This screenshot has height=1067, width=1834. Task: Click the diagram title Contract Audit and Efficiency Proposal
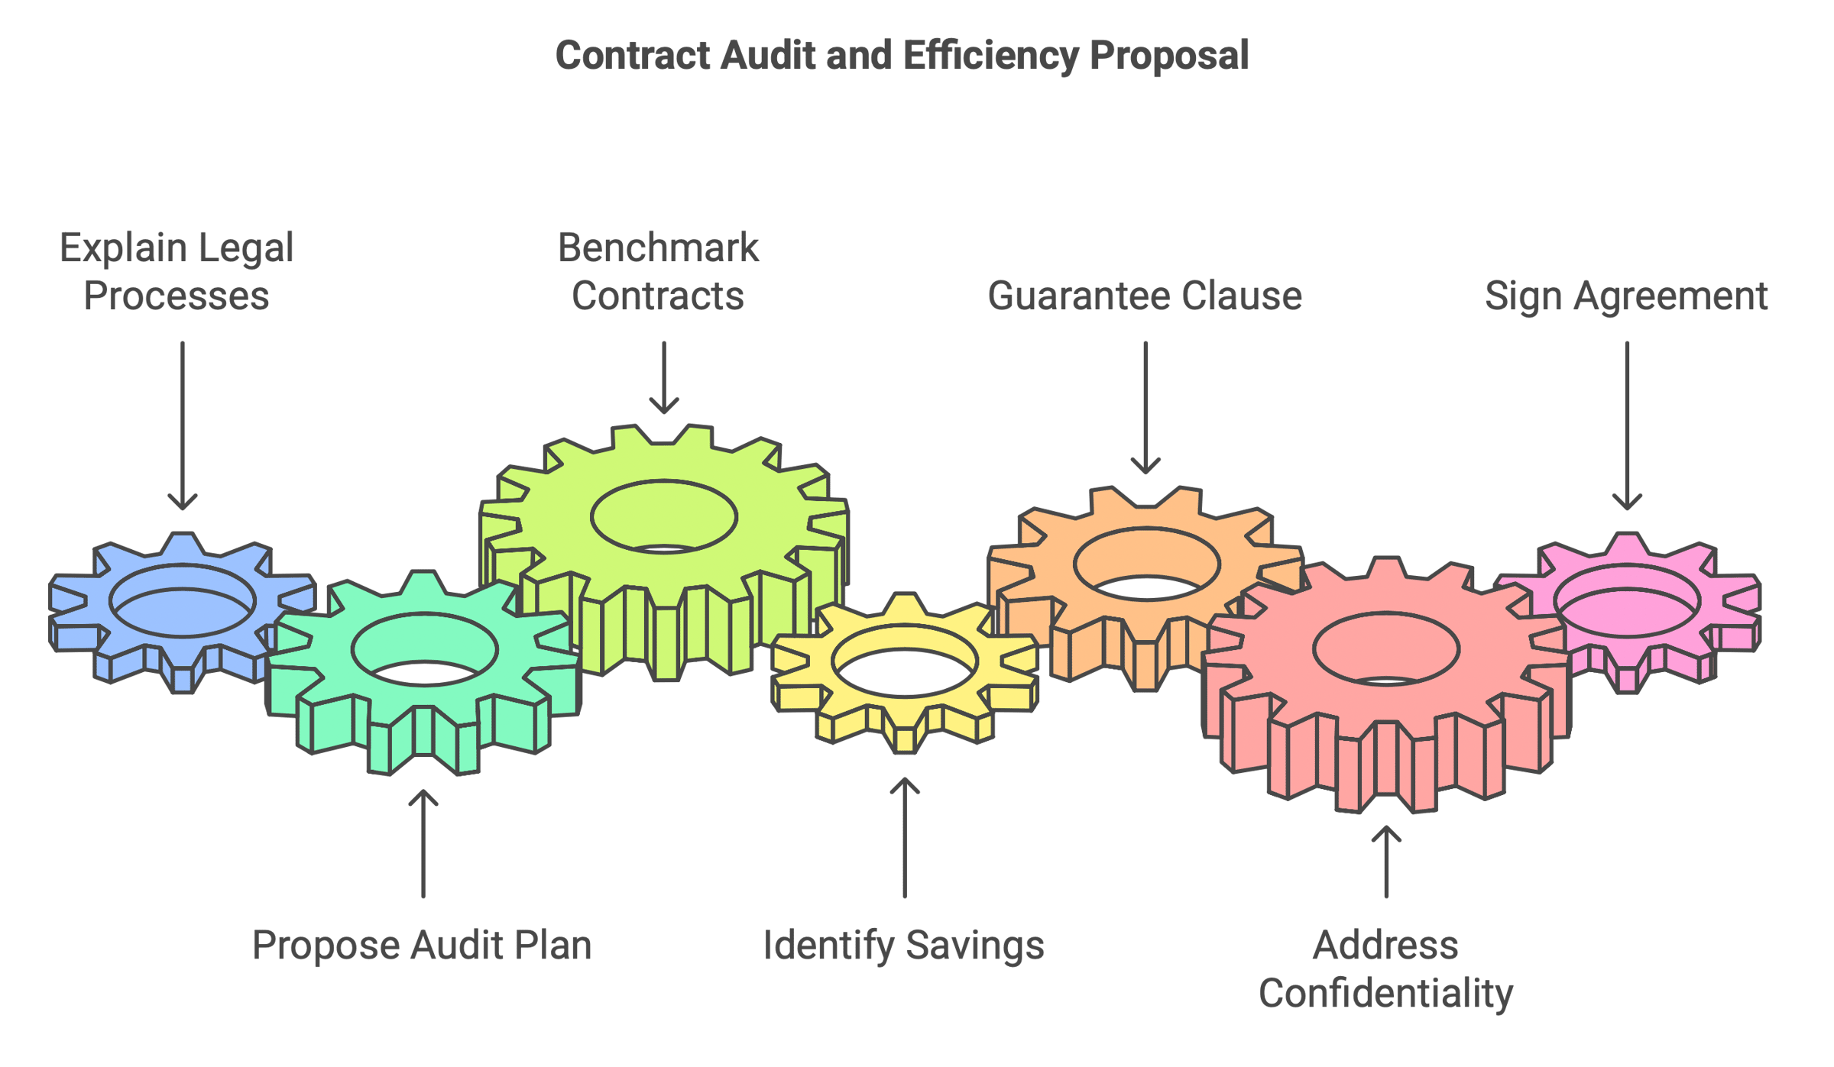902,56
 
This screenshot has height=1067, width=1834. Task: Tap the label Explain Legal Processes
177,271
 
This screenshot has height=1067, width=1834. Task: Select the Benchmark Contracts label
658,271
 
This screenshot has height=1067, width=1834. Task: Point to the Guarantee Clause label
1145,296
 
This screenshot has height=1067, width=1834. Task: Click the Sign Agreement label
1626,296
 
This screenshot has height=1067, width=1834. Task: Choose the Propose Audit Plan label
422,946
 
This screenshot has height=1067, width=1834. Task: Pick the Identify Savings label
904,946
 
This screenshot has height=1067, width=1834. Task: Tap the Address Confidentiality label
1385,969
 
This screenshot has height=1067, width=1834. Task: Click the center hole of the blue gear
183,601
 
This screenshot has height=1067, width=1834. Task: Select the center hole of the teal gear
424,649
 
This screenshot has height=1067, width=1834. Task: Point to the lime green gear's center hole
664,517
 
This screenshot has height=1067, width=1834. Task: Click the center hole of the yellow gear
905,661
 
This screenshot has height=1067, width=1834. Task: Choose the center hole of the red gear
1386,649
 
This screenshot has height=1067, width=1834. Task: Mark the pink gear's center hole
1627,601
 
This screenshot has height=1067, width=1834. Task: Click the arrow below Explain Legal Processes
183,425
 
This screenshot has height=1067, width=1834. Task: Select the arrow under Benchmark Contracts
664,377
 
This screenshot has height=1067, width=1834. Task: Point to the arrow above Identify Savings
905,838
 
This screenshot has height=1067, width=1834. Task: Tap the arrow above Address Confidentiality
1386,862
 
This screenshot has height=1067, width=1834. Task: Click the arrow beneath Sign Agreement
1627,425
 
